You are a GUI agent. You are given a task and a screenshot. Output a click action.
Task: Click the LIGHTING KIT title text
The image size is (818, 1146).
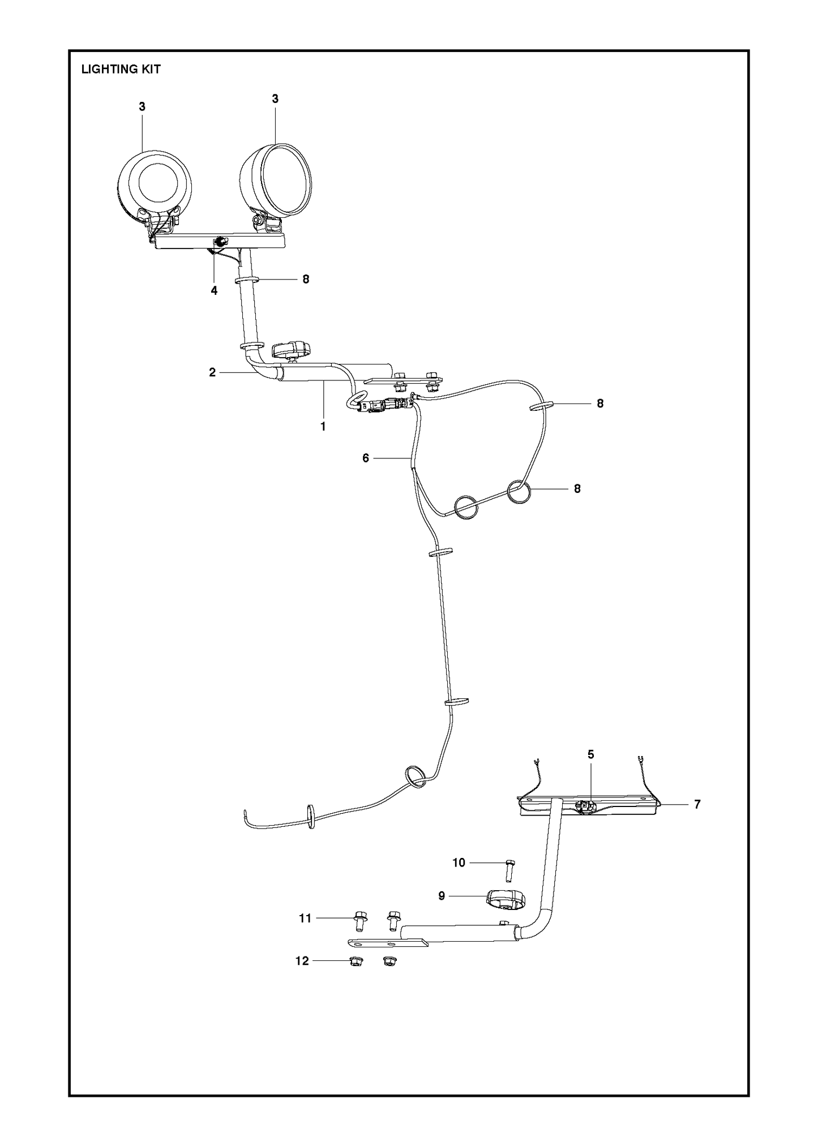[x=121, y=69]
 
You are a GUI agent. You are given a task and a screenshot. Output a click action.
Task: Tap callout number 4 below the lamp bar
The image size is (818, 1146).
[x=214, y=290]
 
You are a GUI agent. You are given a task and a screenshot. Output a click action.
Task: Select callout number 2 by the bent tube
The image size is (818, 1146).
[x=212, y=372]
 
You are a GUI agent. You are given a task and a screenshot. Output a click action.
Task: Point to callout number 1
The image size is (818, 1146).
[x=323, y=426]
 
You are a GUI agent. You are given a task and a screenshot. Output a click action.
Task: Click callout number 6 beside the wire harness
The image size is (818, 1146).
[x=366, y=458]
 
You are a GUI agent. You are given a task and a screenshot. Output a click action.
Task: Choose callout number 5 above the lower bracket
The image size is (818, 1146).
[x=591, y=754]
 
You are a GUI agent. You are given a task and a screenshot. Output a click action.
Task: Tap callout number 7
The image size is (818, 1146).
[x=697, y=804]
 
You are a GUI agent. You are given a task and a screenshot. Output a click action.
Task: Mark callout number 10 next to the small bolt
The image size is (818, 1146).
[x=459, y=878]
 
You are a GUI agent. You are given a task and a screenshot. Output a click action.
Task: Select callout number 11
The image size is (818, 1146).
[x=306, y=934]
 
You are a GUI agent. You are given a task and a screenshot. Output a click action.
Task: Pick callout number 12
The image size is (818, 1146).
[x=302, y=977]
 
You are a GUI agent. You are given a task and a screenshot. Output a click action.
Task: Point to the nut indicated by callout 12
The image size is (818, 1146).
[x=356, y=977]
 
